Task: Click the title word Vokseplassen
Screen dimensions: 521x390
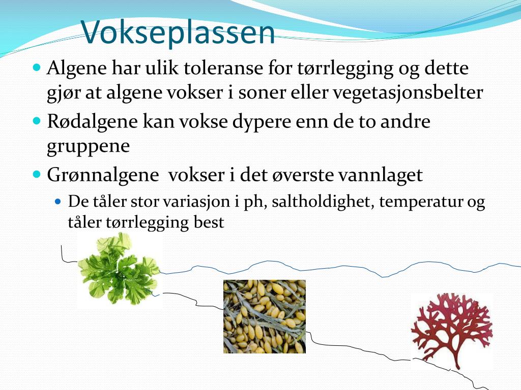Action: tap(178, 31)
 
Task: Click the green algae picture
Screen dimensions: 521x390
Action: tap(120, 270)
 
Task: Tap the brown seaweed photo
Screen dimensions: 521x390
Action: tap(265, 316)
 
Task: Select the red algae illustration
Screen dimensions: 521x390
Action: tap(452, 331)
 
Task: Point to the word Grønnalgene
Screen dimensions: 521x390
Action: tap(103, 175)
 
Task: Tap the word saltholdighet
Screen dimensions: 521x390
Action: tap(321, 201)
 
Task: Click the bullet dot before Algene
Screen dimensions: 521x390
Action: tap(37, 68)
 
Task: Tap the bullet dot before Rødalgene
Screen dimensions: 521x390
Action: tap(37, 120)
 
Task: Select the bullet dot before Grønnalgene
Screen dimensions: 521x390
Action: tap(37, 174)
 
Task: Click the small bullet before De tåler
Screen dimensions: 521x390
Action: tap(58, 201)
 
